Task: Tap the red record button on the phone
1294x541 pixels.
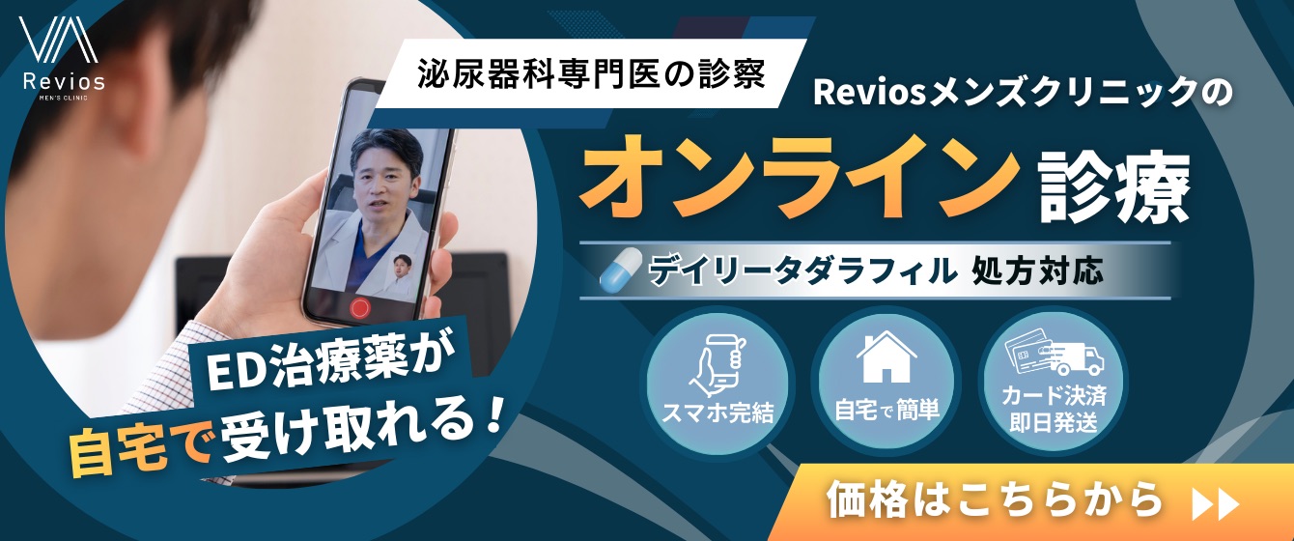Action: tap(360, 307)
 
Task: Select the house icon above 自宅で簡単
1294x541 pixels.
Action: tap(886, 356)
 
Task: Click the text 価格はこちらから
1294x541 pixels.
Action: tap(996, 502)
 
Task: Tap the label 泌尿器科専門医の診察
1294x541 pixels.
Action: tap(593, 76)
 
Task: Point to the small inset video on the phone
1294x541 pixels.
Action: tap(405, 276)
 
